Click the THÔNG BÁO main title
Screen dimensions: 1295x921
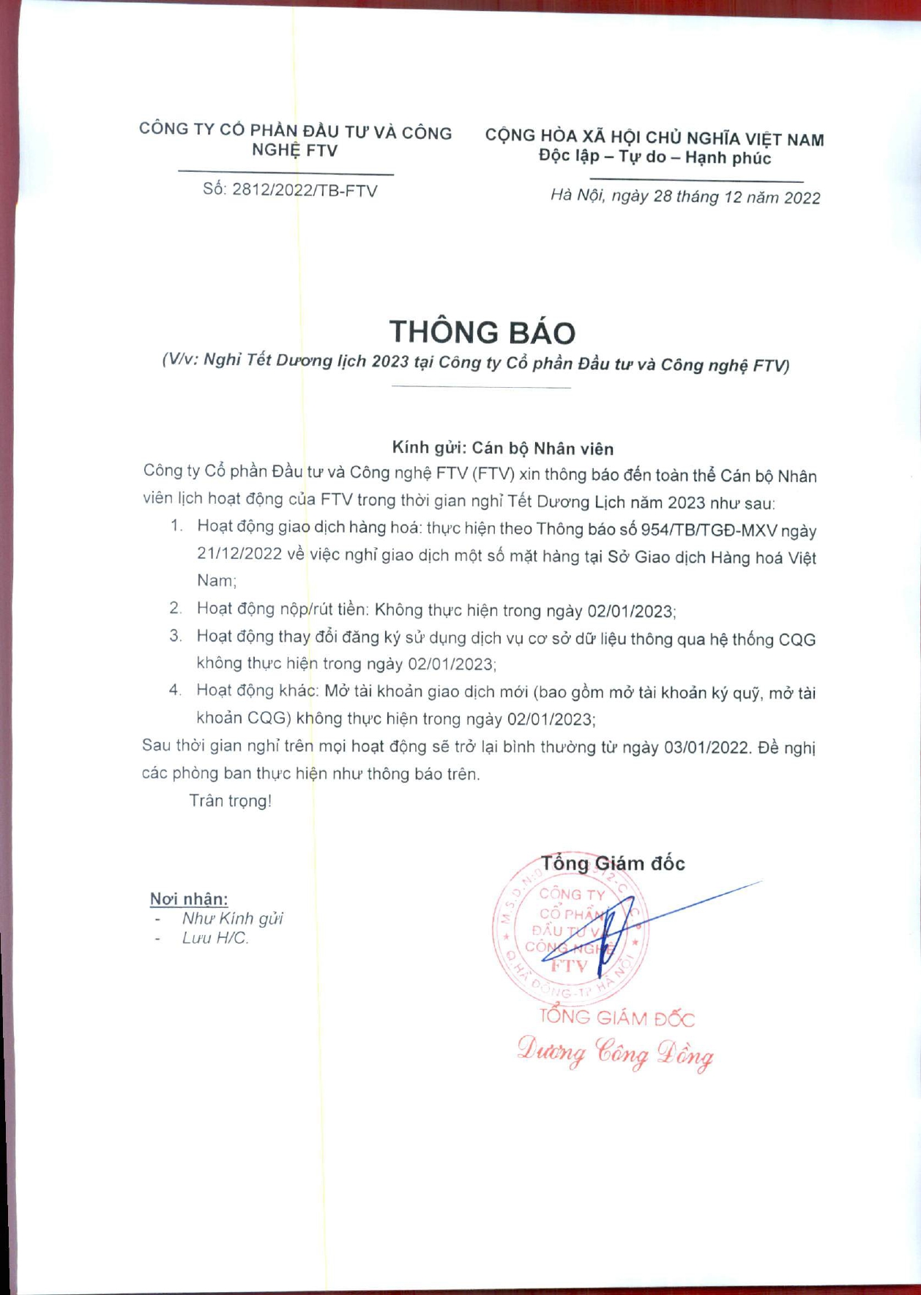coord(482,332)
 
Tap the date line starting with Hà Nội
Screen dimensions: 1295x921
coord(685,197)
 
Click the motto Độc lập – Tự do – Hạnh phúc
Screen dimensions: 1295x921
coord(655,157)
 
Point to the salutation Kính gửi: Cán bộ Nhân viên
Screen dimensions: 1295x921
coord(502,448)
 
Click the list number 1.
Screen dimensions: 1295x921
coord(175,526)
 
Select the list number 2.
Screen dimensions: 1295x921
coord(175,608)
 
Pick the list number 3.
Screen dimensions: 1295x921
coord(175,636)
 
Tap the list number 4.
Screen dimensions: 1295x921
coord(175,690)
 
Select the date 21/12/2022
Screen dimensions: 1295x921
coord(239,554)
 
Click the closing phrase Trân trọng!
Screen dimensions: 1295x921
coord(230,800)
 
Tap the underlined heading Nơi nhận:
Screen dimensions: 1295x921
coord(189,898)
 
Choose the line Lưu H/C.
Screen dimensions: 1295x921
coord(215,938)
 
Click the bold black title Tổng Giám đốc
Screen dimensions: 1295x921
coord(613,863)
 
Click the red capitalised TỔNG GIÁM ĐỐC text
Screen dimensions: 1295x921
coord(616,1018)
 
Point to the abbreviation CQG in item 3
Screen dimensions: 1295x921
coord(797,639)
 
